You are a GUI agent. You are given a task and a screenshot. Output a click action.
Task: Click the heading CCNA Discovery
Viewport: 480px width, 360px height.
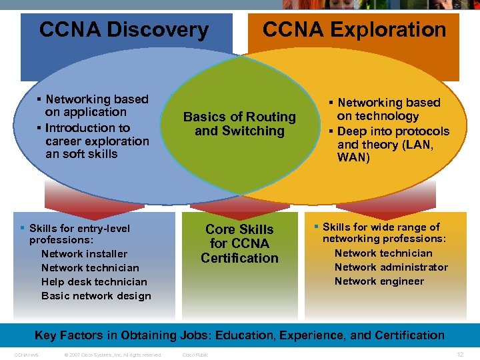(124, 30)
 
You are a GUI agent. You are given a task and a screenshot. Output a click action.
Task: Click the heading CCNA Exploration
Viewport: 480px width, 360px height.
(354, 30)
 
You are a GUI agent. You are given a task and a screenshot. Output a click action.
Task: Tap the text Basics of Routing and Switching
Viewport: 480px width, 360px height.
(239, 124)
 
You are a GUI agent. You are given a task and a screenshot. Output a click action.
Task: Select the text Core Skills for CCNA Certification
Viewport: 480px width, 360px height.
(239, 243)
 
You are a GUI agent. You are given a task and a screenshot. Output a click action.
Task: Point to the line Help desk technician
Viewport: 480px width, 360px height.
(94, 282)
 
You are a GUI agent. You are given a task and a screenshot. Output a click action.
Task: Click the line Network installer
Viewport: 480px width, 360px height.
(84, 254)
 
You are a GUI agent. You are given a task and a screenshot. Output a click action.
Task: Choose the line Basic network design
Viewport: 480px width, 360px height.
(96, 296)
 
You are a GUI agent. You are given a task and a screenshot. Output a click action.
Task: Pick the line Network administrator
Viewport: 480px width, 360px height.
(391, 267)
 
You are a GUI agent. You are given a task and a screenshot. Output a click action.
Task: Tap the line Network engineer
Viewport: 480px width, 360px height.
(379, 281)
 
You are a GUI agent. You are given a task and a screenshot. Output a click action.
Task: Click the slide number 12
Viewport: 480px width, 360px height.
(460, 355)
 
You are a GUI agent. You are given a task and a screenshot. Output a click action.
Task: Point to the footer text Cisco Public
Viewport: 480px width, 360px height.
(195, 355)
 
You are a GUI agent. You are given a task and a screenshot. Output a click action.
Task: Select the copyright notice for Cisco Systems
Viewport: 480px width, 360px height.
(112, 355)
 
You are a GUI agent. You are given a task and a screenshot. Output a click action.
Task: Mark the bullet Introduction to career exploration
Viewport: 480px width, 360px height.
(93, 141)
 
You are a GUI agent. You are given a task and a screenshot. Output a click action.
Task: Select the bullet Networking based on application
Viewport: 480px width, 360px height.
(93, 105)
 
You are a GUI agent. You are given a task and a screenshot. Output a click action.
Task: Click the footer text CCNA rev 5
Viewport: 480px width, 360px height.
(26, 355)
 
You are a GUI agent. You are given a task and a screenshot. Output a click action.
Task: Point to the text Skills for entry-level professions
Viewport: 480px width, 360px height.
(79, 233)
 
